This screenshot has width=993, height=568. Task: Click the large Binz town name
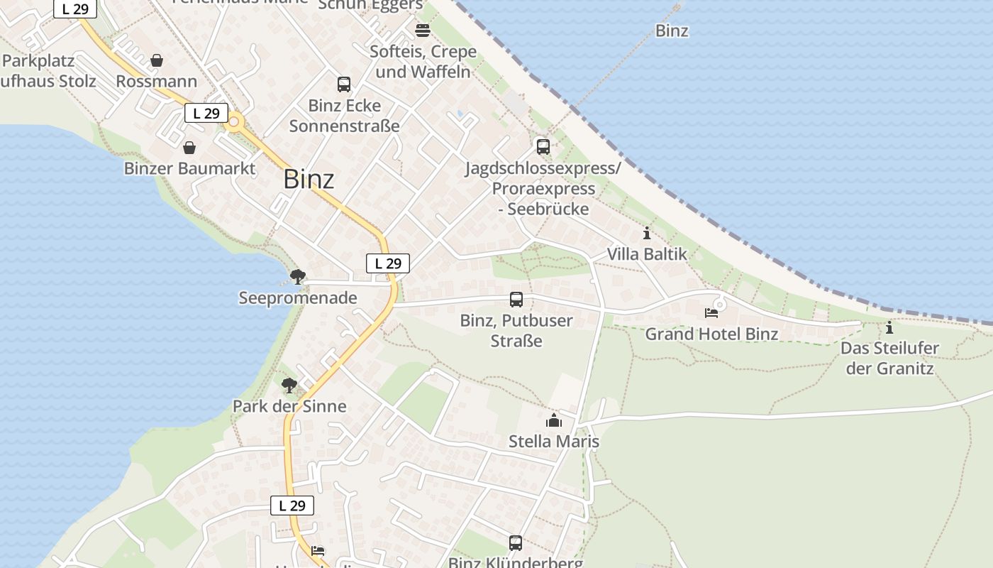tap(309, 179)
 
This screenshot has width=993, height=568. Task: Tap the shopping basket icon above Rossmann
tap(157, 60)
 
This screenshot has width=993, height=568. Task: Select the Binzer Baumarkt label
tap(189, 168)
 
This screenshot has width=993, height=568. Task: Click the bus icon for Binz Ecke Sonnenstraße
tap(344, 84)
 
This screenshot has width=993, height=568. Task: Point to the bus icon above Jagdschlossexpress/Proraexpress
tap(543, 147)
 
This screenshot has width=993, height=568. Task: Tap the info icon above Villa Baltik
tap(646, 233)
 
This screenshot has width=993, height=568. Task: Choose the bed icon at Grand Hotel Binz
tap(711, 312)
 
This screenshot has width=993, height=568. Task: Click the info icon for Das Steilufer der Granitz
tap(889, 327)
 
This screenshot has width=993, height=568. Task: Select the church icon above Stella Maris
tap(554, 420)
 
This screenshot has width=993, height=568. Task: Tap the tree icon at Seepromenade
tap(298, 276)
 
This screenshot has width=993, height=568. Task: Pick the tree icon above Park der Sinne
tap(289, 386)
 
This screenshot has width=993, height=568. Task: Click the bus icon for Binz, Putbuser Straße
tap(516, 300)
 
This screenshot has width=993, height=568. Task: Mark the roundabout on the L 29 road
tap(233, 121)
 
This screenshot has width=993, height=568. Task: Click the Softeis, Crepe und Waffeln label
tap(423, 62)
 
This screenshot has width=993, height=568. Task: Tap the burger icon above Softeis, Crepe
tap(423, 30)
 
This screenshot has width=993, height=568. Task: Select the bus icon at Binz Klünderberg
tap(516, 543)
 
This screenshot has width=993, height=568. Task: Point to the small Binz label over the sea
tap(672, 31)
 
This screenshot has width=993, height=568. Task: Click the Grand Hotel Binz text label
tap(711, 334)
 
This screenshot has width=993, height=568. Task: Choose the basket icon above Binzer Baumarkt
tap(189, 148)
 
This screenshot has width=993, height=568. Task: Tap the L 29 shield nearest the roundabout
tap(206, 113)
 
